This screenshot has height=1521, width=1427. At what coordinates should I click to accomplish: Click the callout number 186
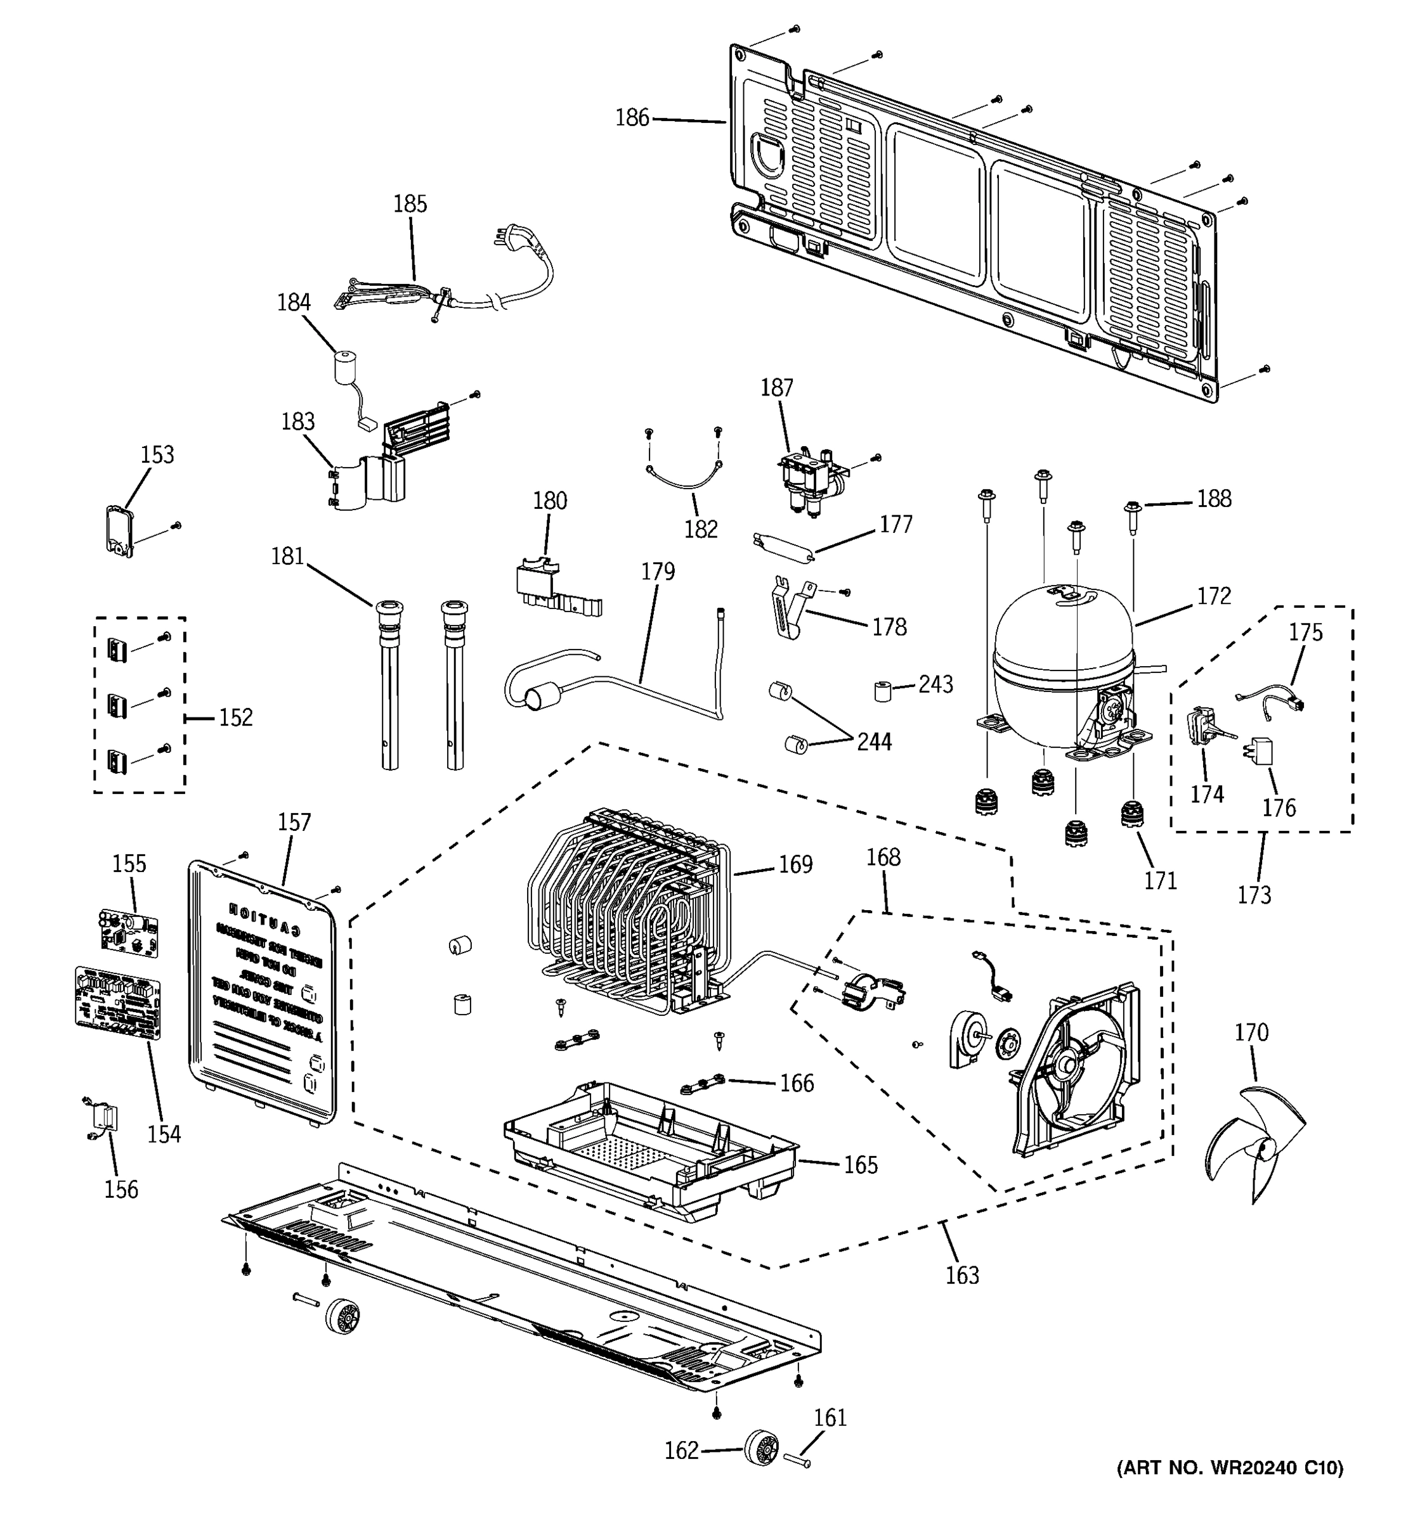632,118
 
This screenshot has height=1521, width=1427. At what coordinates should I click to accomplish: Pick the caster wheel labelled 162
761,1447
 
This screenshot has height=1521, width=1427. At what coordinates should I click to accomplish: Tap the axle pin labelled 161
796,1459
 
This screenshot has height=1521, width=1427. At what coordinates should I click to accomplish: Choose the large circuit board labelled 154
119,1001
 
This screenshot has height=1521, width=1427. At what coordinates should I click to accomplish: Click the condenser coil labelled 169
628,911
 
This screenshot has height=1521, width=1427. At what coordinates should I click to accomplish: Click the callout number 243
935,684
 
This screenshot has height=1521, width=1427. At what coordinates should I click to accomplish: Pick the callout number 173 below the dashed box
1254,894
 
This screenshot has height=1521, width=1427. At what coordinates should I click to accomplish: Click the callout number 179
658,572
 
